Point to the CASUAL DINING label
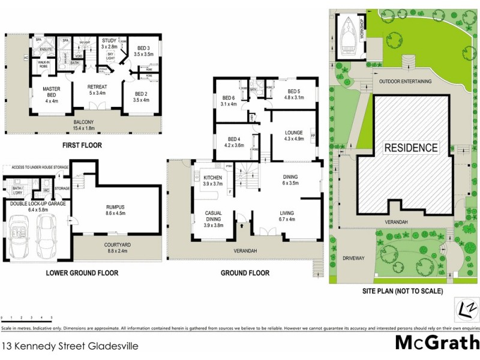214,218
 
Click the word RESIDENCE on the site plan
411,147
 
